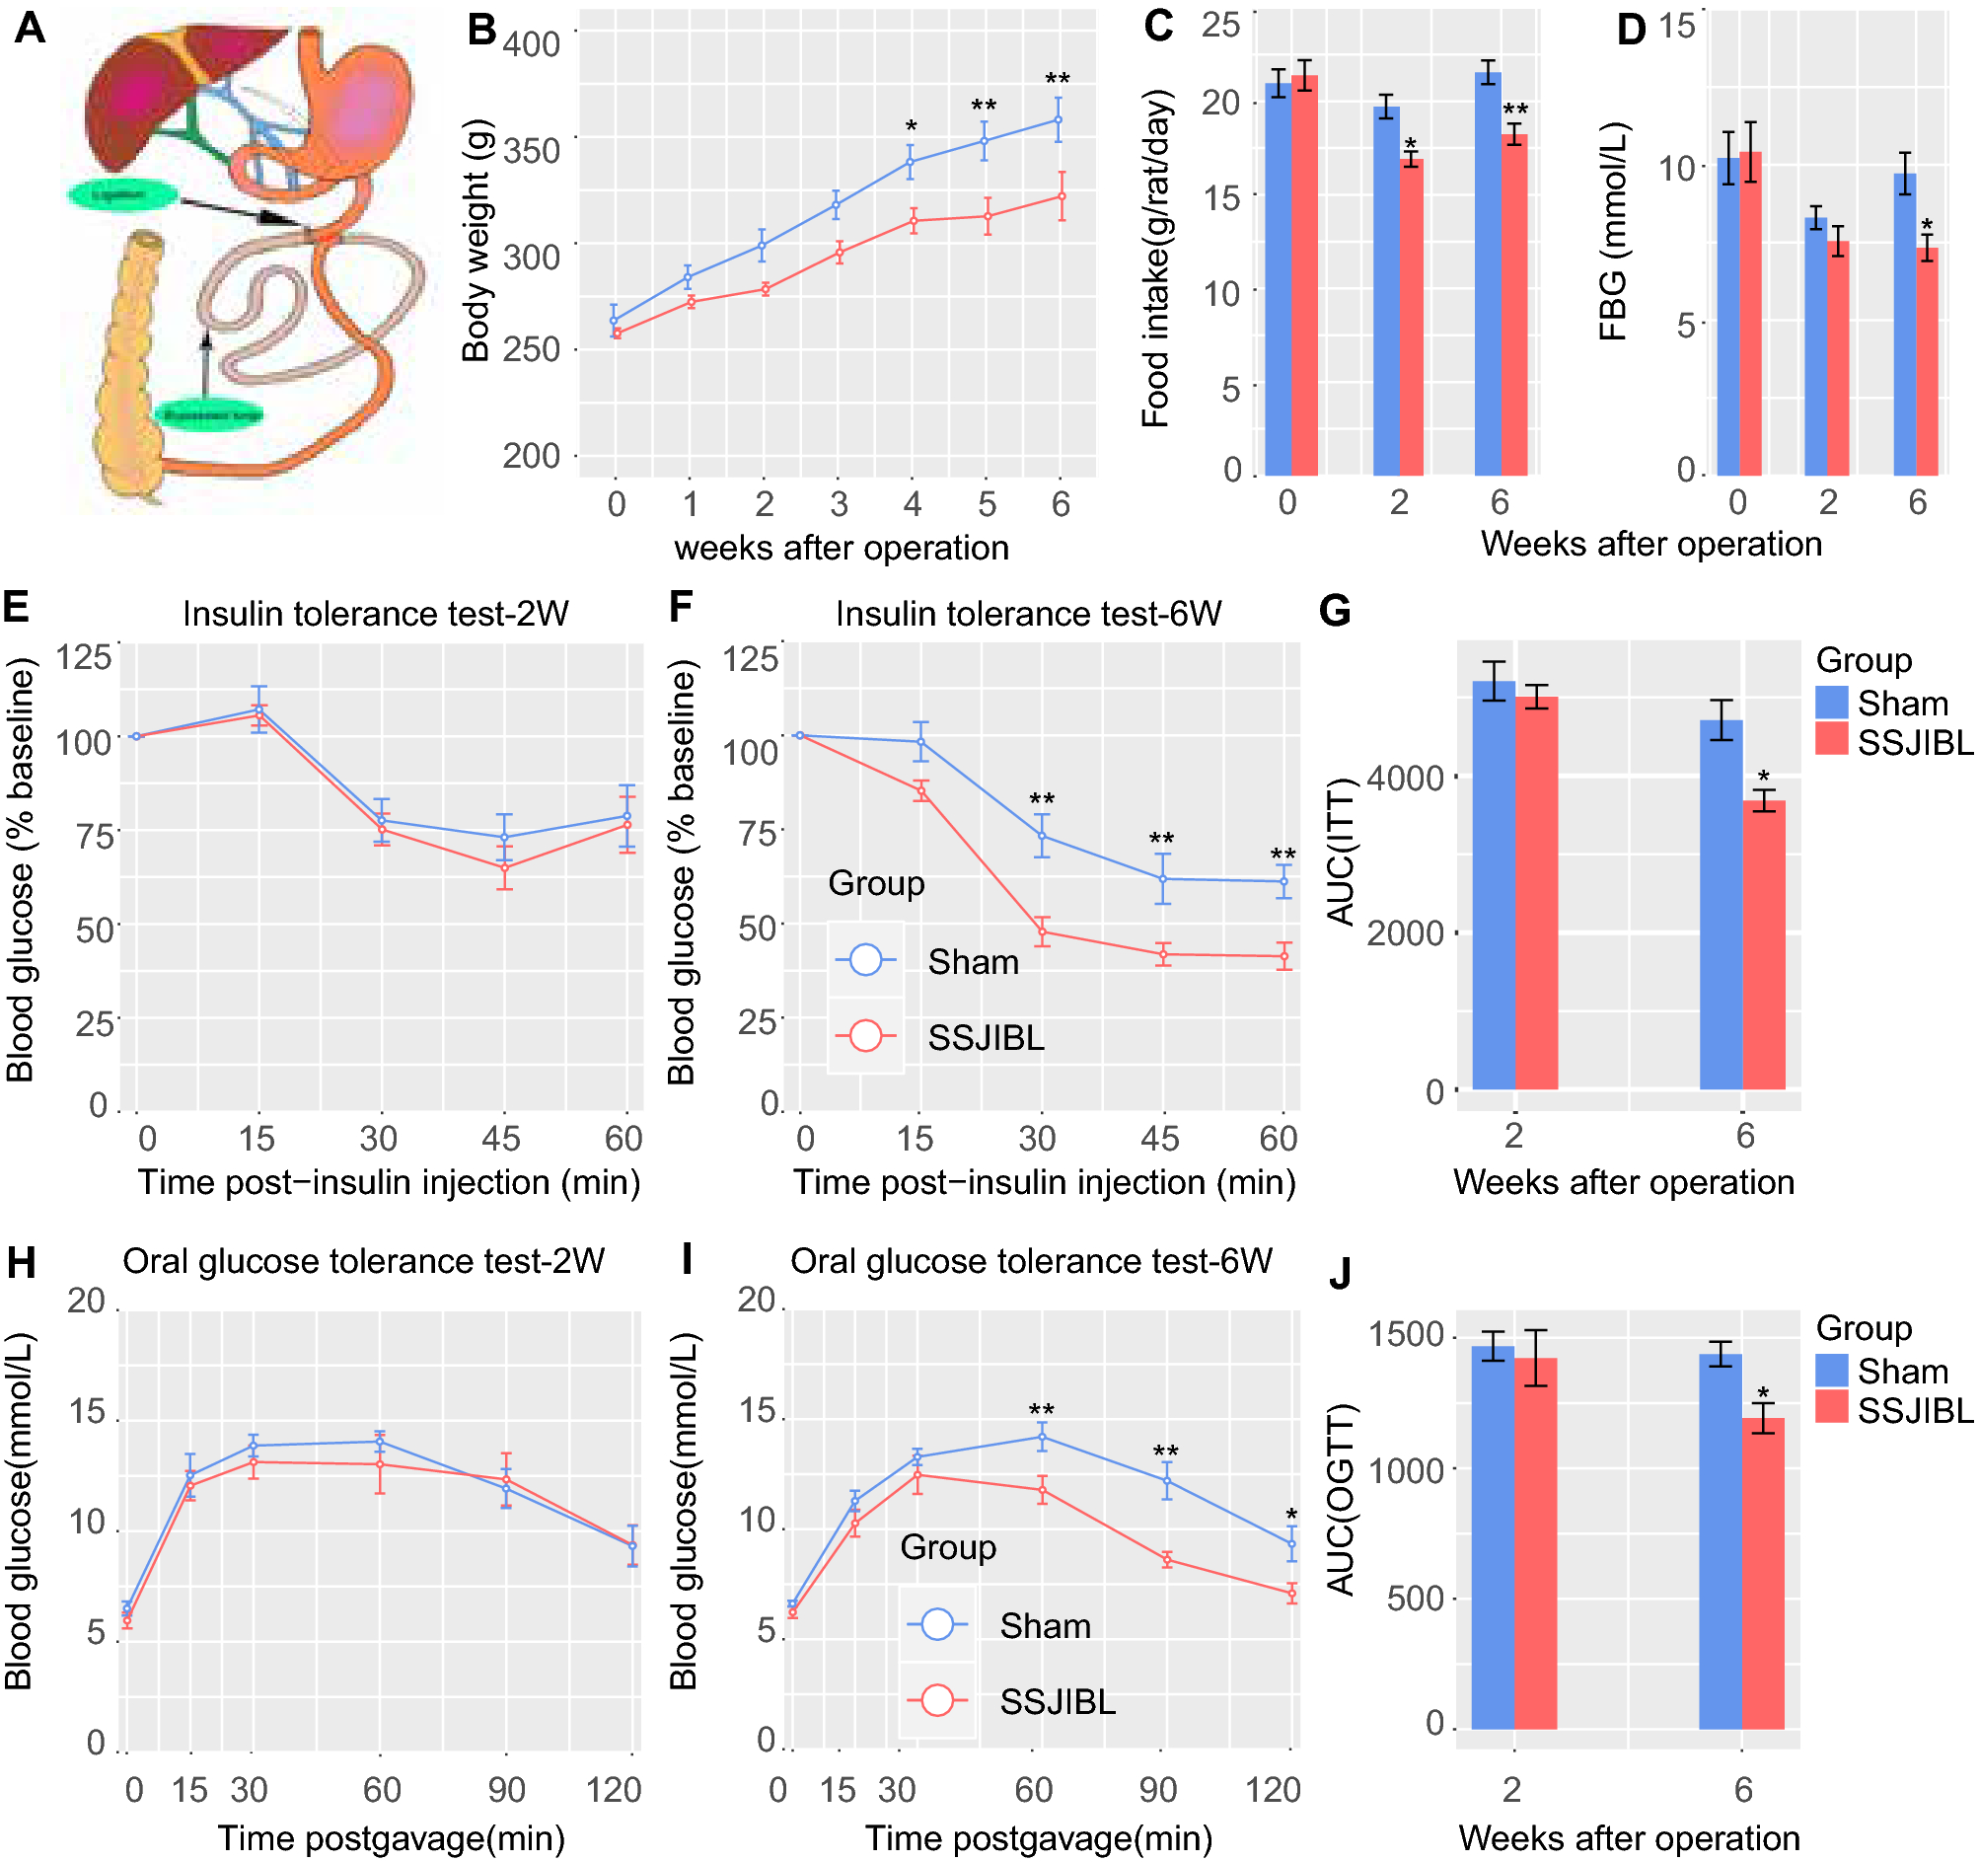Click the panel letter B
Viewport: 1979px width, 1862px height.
481,30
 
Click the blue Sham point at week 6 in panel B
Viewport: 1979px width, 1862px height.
1060,120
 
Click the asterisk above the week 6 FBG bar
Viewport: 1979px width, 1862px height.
1928,226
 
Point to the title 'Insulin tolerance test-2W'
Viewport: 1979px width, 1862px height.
375,615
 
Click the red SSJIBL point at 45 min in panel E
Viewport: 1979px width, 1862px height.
505,868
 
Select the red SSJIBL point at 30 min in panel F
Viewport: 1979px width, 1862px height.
1042,933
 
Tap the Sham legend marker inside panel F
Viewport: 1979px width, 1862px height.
866,961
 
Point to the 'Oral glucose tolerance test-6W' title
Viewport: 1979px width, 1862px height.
1031,1262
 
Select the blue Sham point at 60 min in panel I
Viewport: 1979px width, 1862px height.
1042,1438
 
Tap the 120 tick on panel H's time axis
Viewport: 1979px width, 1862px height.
614,1790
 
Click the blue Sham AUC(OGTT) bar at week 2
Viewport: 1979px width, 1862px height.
1493,1537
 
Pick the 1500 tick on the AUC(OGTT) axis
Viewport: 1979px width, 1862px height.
1406,1335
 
